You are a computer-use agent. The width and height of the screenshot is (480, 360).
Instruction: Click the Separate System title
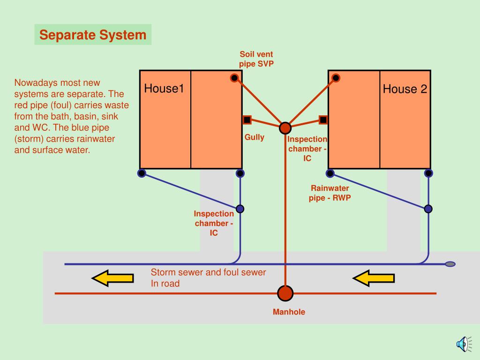93,35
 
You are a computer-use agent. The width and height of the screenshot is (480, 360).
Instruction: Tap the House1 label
164,89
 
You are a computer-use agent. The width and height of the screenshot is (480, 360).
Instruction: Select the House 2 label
405,89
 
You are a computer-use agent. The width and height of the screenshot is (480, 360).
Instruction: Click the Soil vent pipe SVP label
256,59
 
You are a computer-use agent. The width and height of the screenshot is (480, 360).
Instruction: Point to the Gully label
255,137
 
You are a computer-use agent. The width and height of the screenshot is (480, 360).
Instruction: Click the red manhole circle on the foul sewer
285,293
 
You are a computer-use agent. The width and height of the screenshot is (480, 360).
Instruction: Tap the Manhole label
289,312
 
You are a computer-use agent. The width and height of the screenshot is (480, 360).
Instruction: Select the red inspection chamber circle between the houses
285,128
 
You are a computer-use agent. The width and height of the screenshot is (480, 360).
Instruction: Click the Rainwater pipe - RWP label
330,193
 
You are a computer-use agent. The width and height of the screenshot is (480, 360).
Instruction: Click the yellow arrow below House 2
374,278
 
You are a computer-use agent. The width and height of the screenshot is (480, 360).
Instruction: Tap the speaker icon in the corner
462,344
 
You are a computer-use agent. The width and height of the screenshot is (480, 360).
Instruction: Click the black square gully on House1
247,120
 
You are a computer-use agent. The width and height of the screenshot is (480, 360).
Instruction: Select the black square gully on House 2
323,120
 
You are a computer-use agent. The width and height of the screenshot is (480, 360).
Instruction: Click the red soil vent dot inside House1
234,78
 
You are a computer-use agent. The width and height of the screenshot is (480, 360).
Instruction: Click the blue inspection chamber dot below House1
240,209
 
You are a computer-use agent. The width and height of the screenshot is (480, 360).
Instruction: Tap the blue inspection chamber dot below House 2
428,209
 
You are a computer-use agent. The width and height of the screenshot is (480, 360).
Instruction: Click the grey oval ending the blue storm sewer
450,264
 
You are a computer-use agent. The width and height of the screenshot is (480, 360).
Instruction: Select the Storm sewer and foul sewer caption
208,277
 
